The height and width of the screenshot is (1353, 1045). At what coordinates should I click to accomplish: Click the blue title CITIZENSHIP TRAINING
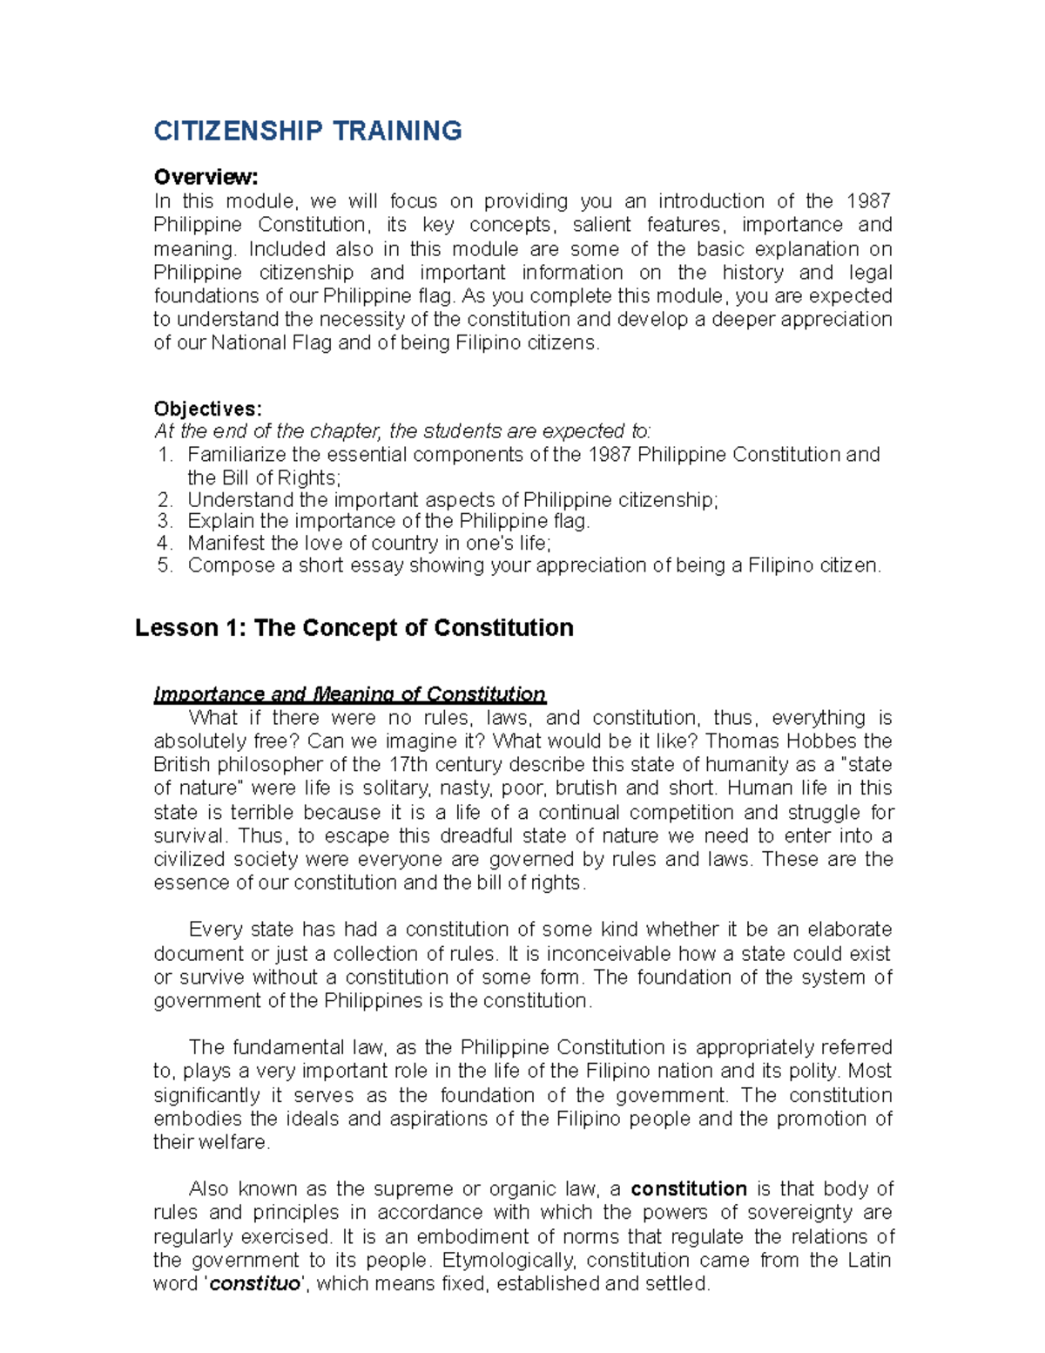pos(307,132)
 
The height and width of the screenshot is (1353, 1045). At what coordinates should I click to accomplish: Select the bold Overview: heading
pos(206,177)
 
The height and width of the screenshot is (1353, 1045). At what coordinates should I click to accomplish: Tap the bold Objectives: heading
pos(207,409)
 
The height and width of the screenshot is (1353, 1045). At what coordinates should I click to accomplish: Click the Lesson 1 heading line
pos(354,628)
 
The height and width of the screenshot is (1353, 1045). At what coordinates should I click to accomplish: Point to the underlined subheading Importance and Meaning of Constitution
pos(349,694)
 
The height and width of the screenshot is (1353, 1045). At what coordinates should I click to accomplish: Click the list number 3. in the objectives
pos(166,521)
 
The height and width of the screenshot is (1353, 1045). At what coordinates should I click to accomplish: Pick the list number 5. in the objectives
pos(166,565)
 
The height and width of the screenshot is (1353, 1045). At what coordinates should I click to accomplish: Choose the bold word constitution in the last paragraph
pos(688,1189)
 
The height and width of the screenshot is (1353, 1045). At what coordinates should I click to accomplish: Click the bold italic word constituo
pos(255,1284)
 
